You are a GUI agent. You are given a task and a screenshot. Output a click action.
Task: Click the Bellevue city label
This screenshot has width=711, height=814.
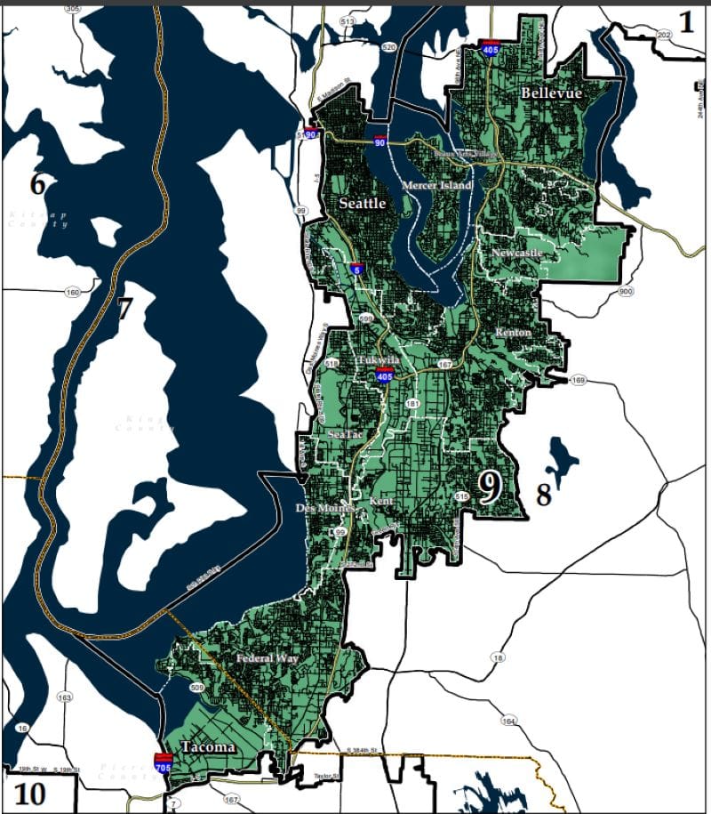tap(551, 93)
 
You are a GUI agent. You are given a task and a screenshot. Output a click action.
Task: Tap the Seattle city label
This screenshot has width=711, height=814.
tap(362, 204)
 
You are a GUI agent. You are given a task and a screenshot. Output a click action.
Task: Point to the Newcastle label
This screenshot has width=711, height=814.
tap(516, 254)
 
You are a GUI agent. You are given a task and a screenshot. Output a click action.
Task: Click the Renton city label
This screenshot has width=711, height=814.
tap(514, 332)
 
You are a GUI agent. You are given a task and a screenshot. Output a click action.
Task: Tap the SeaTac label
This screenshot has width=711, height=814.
tap(346, 434)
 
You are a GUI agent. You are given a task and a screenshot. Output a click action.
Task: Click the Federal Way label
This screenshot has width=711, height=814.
tap(266, 659)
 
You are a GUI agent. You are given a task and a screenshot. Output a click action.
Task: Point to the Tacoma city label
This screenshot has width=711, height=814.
tap(208, 747)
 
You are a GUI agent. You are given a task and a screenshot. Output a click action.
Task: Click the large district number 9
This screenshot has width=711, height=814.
tap(490, 487)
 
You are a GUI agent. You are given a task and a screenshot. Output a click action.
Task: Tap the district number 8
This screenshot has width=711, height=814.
tap(543, 495)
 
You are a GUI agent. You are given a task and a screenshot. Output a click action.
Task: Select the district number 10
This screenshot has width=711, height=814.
tap(29, 793)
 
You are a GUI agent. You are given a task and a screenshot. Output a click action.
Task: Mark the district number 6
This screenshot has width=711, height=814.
tap(38, 184)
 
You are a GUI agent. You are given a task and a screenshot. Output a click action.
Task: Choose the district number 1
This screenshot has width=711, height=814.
tap(686, 21)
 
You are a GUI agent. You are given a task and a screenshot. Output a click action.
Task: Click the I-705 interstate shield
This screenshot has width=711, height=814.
tap(164, 762)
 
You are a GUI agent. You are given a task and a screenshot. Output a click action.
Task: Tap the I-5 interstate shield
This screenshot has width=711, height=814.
tap(355, 268)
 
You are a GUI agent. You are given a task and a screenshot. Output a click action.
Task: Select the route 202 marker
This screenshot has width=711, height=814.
tap(664, 34)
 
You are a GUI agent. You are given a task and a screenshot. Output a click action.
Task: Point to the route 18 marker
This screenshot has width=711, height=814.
tap(497, 657)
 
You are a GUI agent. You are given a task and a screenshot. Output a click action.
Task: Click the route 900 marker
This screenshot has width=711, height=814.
tap(626, 292)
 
